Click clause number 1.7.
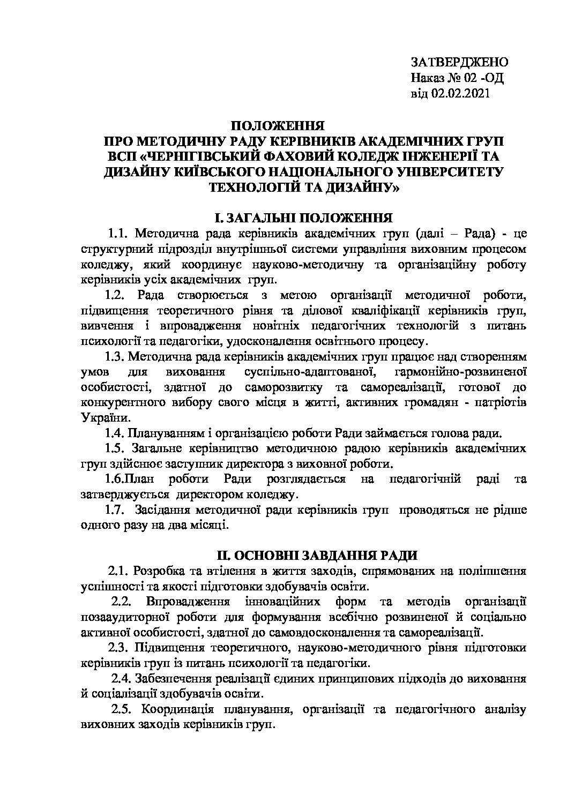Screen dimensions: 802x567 pos(116,509)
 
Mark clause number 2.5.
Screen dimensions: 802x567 pos(121,710)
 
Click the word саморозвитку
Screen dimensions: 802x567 pos(281,387)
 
